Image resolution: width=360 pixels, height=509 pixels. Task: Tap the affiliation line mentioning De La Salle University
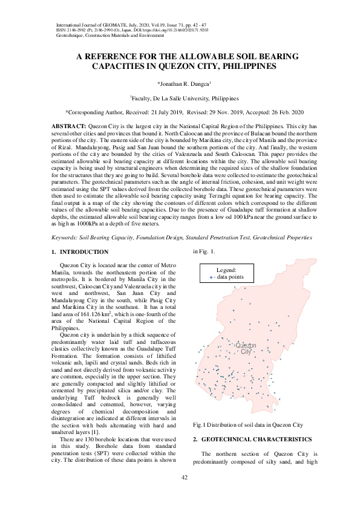tap(185, 98)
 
